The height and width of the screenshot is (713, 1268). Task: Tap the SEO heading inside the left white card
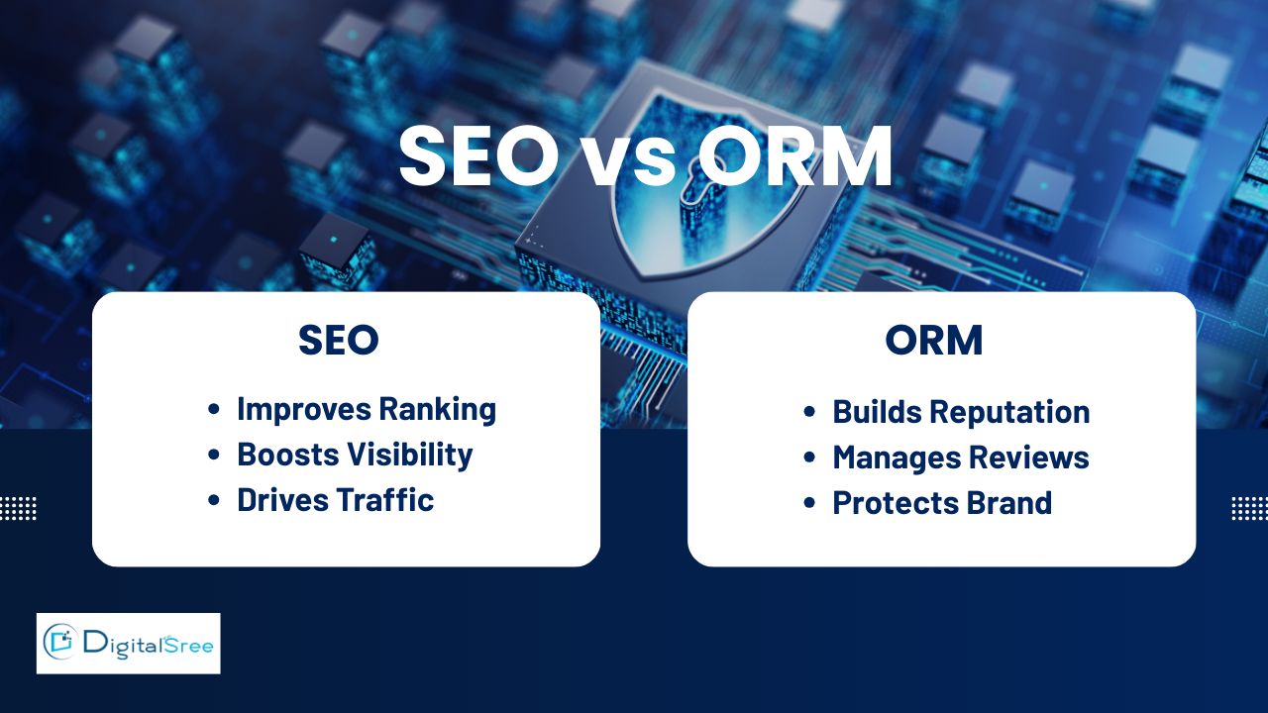[339, 340]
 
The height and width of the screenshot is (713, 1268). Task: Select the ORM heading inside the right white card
[934, 340]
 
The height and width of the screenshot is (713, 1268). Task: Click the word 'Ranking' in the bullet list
[438, 410]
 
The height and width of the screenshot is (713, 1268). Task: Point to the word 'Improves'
[304, 409]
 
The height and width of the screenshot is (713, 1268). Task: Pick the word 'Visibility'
[410, 455]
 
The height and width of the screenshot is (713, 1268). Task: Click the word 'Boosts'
[288, 455]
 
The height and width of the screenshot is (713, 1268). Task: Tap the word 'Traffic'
[385, 500]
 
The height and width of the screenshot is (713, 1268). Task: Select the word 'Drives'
[283, 500]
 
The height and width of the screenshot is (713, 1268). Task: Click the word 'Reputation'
[1009, 412]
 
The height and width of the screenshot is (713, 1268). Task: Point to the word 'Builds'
[878, 411]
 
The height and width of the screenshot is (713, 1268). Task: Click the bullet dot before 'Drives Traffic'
[213, 500]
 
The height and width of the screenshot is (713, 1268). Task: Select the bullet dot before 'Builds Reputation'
[809, 411]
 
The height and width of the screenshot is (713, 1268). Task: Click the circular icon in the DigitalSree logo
[60, 642]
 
